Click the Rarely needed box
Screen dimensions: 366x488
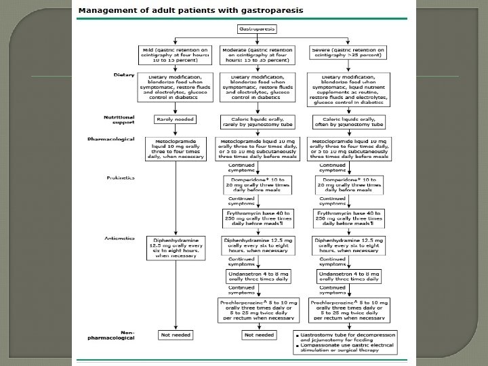click(x=176, y=120)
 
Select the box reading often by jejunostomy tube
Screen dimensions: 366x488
click(x=348, y=122)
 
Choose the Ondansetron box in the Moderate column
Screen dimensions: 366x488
click(x=257, y=277)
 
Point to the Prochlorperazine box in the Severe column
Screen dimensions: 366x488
click(x=349, y=309)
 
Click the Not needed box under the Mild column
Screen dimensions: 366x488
click(x=176, y=335)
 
